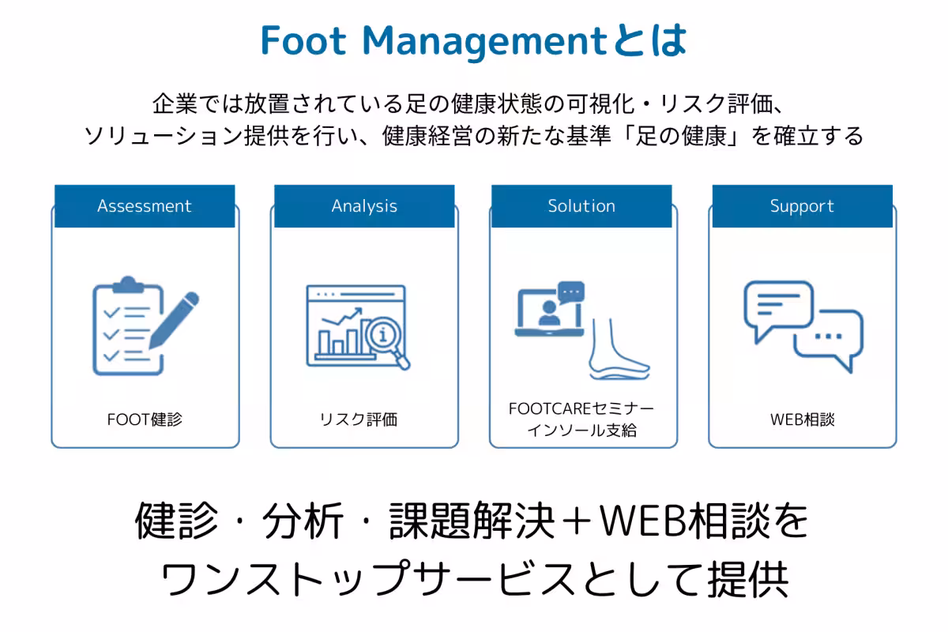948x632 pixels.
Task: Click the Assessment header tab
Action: point(145,206)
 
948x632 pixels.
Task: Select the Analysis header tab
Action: point(364,206)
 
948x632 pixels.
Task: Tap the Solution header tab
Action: point(581,206)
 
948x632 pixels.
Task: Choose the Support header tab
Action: point(803,206)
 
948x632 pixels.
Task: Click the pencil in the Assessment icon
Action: point(174,320)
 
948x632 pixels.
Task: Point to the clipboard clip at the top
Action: point(128,285)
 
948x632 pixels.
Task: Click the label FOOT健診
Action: point(145,419)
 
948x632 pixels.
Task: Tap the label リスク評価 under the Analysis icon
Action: point(359,419)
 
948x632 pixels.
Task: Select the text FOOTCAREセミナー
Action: point(581,408)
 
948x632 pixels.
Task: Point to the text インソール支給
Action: point(582,431)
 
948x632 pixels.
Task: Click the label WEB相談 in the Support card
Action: point(803,419)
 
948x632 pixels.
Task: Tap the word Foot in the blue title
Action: point(303,40)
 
